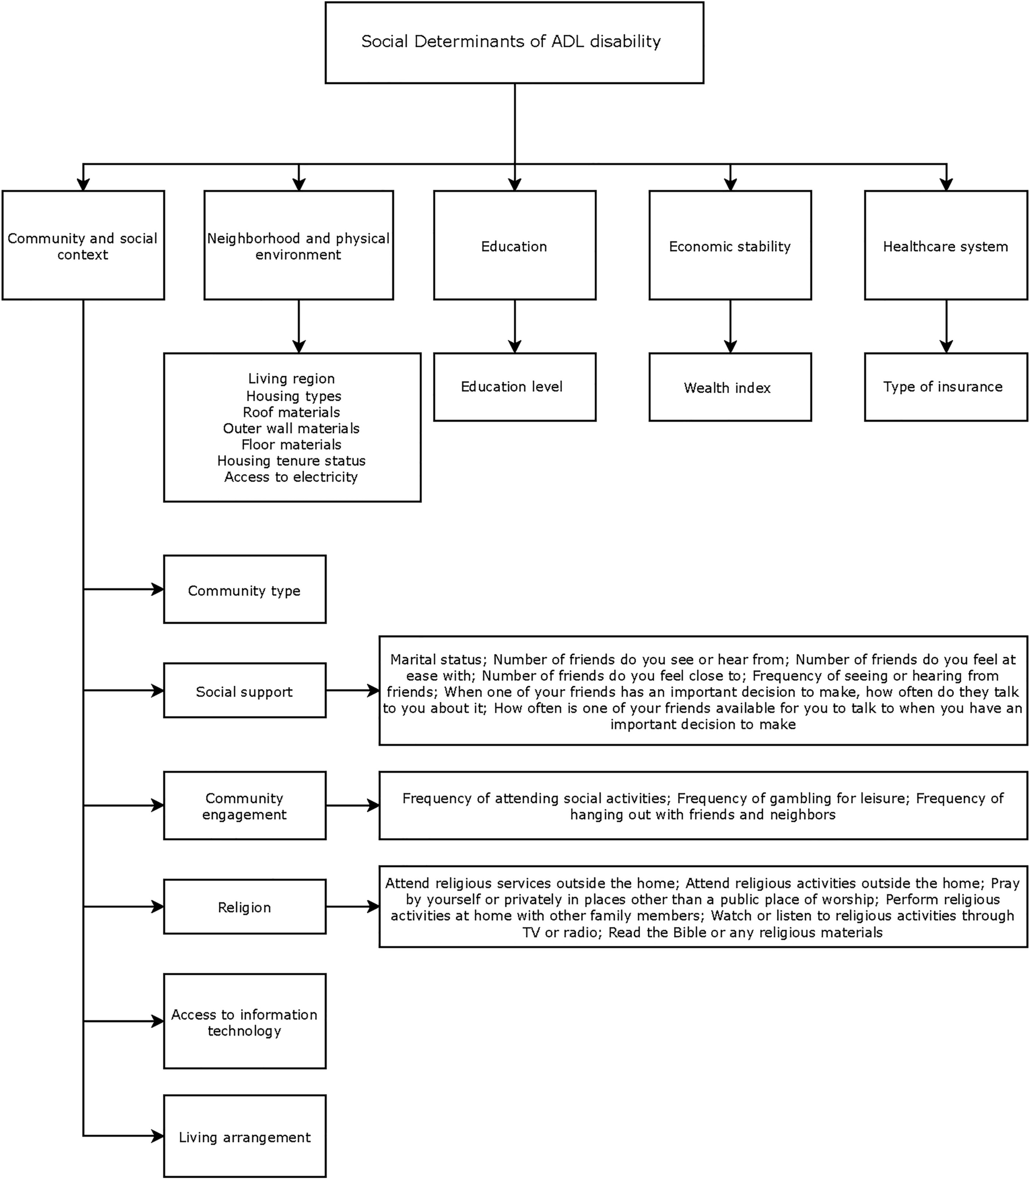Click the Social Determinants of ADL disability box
[x=514, y=43]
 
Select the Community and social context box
[x=83, y=246]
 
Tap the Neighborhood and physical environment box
[x=298, y=246]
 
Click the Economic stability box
[x=730, y=246]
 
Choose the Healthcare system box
[x=945, y=246]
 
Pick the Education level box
[x=514, y=387]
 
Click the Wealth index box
[x=730, y=388]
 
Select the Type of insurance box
[x=945, y=387]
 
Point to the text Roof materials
[x=292, y=412]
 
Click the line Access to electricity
[x=292, y=477]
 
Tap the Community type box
[x=244, y=590]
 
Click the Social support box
[x=244, y=691]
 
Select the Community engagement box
[x=244, y=806]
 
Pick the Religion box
[x=244, y=908]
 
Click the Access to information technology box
[x=244, y=1022]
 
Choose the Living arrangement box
[x=244, y=1137]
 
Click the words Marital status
[x=435, y=659]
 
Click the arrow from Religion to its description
[x=352, y=908]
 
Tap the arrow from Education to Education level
[x=514, y=326]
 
